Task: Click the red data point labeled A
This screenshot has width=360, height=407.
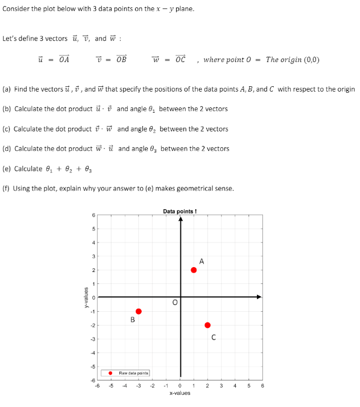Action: point(194,270)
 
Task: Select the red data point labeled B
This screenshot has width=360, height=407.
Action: point(139,311)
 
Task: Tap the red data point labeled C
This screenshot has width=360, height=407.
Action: point(207,325)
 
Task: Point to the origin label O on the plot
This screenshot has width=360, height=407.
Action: point(175,303)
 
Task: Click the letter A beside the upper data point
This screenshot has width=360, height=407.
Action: point(201,261)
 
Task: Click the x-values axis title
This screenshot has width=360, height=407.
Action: point(180,393)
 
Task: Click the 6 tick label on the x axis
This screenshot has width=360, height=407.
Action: point(262,385)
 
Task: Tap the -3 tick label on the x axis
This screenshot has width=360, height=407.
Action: point(138,385)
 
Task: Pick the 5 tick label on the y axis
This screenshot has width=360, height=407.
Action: point(93,229)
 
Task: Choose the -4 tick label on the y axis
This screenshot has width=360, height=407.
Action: point(92,352)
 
